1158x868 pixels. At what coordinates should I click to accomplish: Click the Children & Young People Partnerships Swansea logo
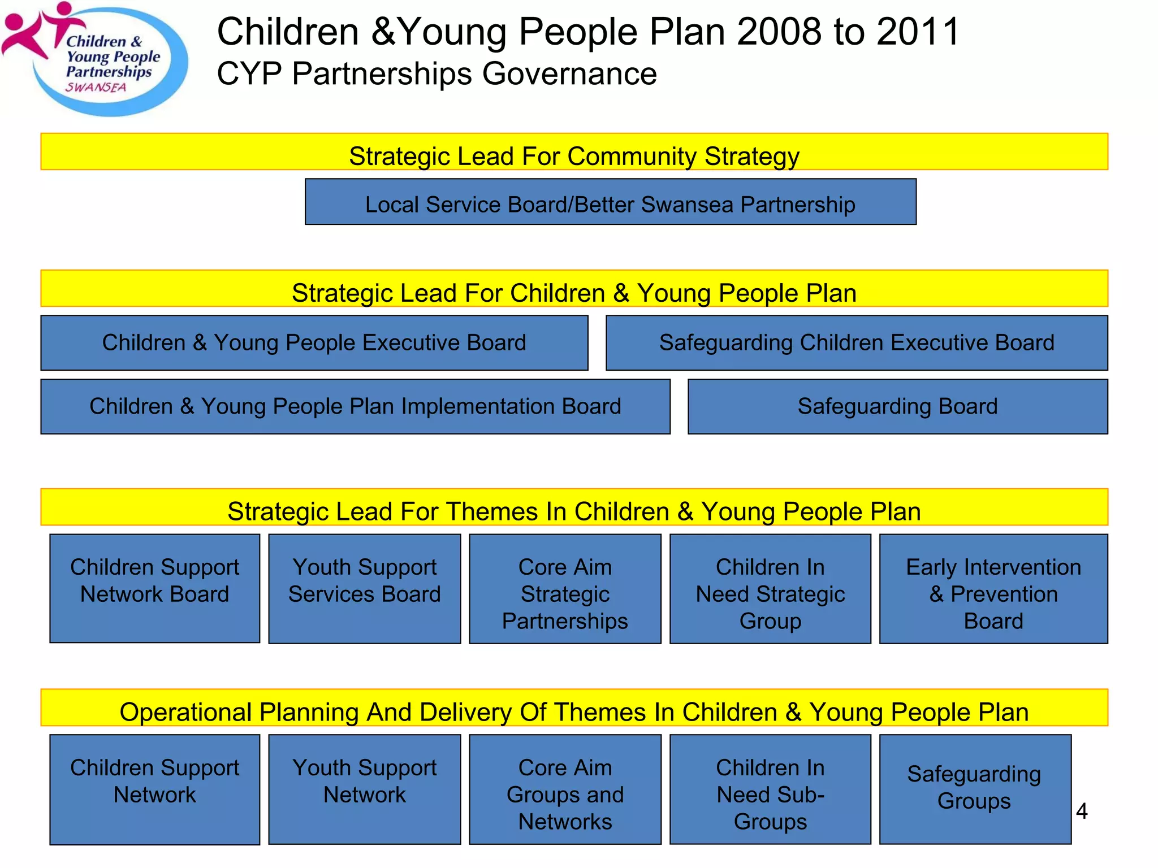pos(96,59)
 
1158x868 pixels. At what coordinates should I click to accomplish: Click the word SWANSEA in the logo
pos(96,88)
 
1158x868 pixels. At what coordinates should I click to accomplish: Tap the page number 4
pos(1082,811)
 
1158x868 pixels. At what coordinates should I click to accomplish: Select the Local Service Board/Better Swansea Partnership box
pos(610,202)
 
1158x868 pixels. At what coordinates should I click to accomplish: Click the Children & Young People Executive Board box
pos(314,343)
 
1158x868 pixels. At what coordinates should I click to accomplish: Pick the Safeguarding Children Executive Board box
pos(856,343)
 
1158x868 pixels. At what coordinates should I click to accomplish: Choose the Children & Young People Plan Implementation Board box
pos(355,407)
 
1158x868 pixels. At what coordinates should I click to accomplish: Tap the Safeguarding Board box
pos(897,407)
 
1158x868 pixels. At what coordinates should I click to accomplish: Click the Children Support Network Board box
pos(154,588)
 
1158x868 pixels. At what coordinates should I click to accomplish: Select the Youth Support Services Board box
pos(364,588)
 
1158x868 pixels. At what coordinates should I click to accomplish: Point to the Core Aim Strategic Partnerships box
pos(565,588)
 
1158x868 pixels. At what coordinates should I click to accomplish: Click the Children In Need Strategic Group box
pos(770,588)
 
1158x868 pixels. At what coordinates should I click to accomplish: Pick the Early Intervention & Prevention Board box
pos(993,588)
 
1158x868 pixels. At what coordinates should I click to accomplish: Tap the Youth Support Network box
pos(364,789)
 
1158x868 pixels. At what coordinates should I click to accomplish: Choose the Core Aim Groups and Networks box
pos(565,789)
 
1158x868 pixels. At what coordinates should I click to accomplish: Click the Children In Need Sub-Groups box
pos(770,789)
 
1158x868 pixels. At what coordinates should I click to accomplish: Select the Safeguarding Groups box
pos(975,789)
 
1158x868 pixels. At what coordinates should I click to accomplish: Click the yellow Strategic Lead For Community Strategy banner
pos(574,152)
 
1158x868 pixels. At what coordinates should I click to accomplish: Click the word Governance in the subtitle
pos(569,74)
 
